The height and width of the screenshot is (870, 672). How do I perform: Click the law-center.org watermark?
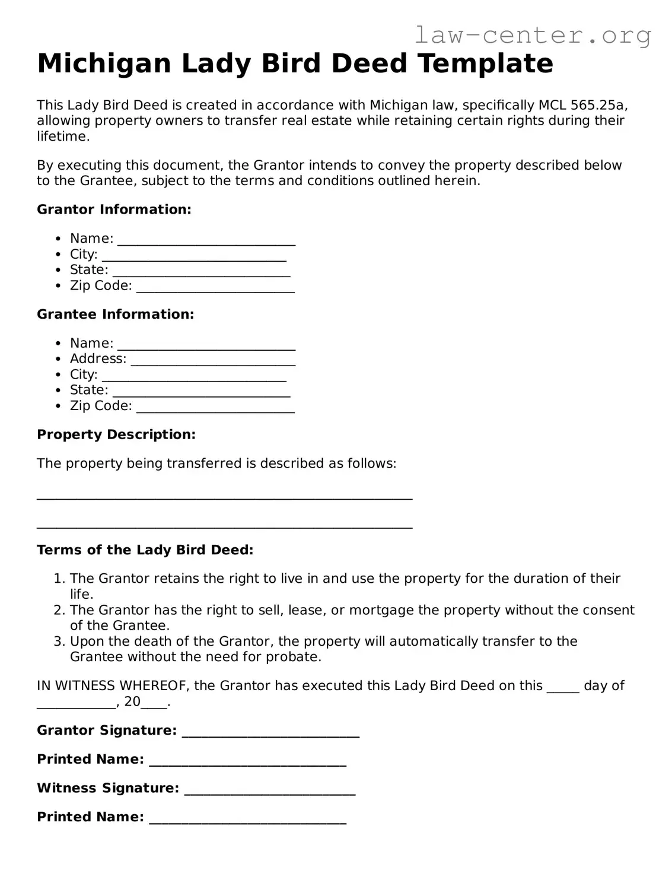click(532, 36)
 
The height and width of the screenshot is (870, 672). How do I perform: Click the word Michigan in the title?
click(104, 63)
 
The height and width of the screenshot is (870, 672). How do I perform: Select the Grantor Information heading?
click(114, 209)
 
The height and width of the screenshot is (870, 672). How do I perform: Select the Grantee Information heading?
click(115, 315)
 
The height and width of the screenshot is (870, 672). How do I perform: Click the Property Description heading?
click(116, 434)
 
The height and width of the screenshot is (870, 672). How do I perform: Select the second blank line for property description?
click(224, 526)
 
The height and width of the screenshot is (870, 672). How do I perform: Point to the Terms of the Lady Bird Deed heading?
click(145, 550)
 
